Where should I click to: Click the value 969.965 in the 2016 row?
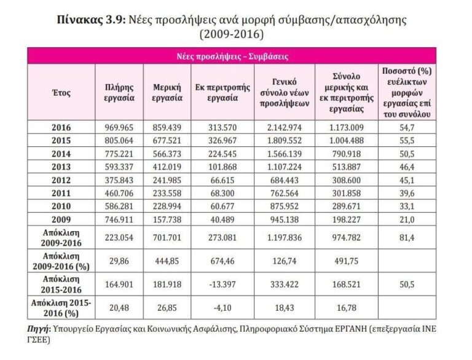[119, 128]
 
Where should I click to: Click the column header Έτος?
[62, 93]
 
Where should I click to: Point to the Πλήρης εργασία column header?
[119, 93]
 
